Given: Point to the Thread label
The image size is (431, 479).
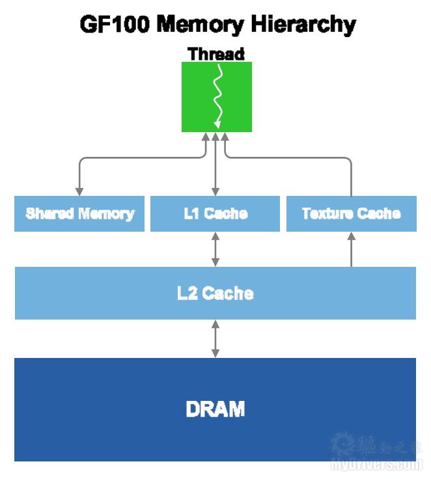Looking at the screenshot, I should [x=216, y=53].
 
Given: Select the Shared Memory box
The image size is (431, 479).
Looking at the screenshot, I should [x=79, y=213].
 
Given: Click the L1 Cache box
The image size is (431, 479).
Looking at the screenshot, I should [x=215, y=213].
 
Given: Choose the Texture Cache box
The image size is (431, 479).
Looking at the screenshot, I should [x=352, y=213].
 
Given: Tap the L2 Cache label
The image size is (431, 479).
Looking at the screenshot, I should [x=215, y=293].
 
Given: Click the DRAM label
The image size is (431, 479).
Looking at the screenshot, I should [x=215, y=409].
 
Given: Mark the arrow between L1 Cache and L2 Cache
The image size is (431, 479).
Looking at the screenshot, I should [x=215, y=249].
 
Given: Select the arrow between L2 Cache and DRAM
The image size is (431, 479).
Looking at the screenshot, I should [x=215, y=338].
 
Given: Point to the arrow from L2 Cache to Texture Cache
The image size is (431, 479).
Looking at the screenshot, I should [x=352, y=250].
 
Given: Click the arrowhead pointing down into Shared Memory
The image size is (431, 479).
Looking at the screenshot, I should [x=79, y=191].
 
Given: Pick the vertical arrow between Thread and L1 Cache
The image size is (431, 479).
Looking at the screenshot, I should [x=215, y=166].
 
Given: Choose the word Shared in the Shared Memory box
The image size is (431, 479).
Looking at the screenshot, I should [x=51, y=213].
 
